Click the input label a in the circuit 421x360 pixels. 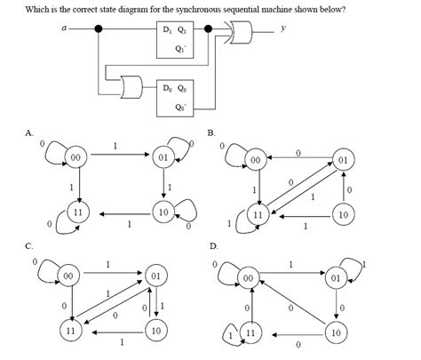click(64, 28)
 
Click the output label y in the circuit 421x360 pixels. click(282, 28)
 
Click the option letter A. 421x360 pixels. click(28, 133)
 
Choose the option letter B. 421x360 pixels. click(210, 133)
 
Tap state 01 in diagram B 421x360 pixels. click(342, 160)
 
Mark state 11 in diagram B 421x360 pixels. click(258, 215)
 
